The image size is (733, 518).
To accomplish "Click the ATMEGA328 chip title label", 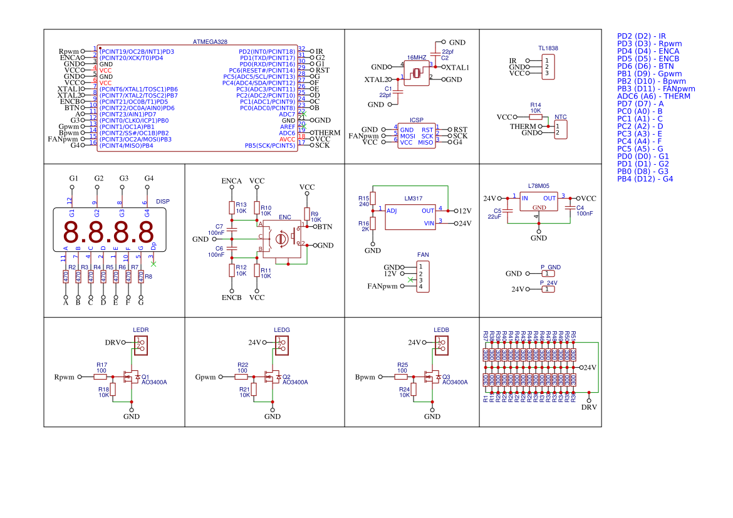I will [x=210, y=42].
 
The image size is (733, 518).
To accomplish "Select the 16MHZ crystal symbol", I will [x=416, y=73].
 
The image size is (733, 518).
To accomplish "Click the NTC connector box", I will [x=561, y=129].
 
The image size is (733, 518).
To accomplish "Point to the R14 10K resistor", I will [x=536, y=117].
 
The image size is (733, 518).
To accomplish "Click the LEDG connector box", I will [x=281, y=344].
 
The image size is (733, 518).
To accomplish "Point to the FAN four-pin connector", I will [x=420, y=276].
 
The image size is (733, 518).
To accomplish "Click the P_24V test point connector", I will [x=548, y=289].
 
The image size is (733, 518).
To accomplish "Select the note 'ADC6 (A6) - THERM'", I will [x=653, y=96].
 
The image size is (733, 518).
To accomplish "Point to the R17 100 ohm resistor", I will [x=100, y=377].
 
